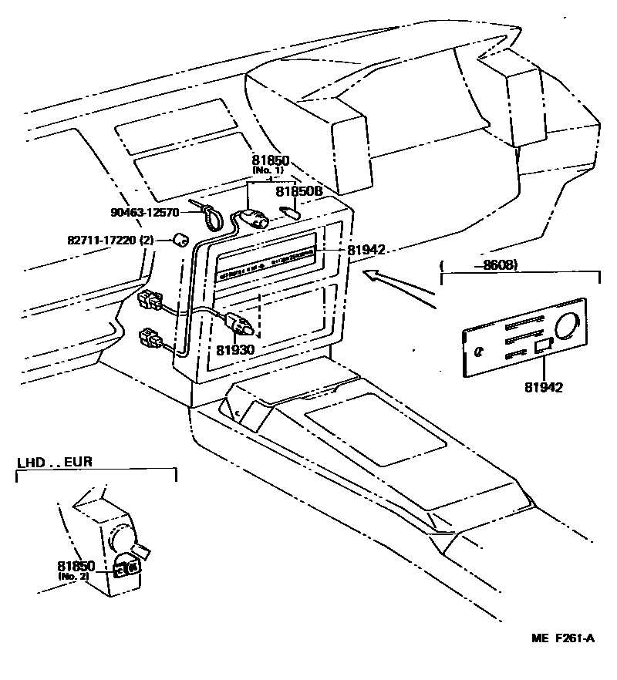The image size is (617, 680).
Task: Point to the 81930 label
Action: (234, 349)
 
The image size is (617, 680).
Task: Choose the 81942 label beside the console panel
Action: (366, 250)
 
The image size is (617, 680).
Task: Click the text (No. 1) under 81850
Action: (268, 170)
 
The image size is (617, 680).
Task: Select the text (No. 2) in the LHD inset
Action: (73, 576)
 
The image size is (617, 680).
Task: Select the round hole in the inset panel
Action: (570, 326)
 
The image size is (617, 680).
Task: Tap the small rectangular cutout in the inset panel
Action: (543, 345)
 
